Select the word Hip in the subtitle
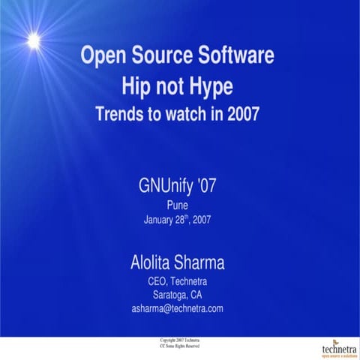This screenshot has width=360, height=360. point(137,86)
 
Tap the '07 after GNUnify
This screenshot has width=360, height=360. point(205,185)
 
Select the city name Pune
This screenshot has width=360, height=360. point(178,204)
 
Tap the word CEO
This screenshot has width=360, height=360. point(158,281)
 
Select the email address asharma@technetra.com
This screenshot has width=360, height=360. point(178,308)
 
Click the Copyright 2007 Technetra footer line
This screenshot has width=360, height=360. point(177,341)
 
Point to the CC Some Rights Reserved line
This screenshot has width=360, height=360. point(177,346)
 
